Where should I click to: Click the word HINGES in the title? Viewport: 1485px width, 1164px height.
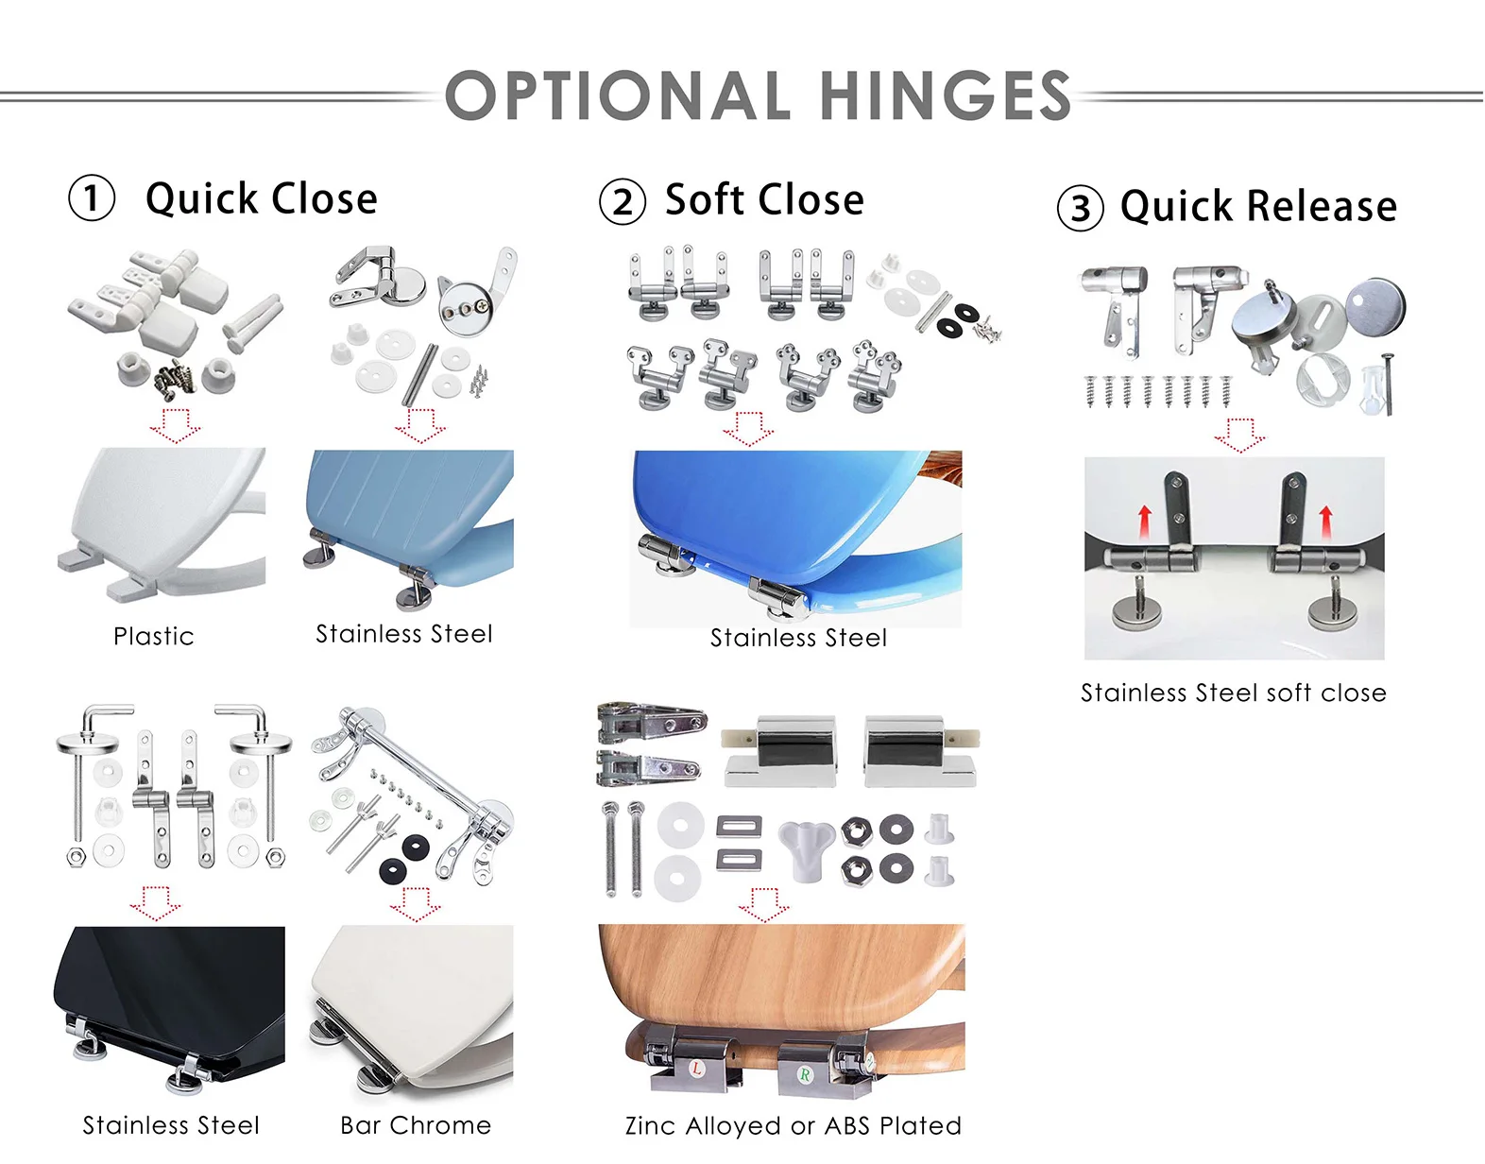[x=945, y=96]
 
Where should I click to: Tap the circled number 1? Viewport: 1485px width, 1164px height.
[x=92, y=199]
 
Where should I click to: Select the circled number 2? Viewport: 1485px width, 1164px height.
[x=623, y=202]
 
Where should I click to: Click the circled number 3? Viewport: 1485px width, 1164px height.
[x=1080, y=209]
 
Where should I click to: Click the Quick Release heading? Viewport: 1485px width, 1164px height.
[x=1258, y=206]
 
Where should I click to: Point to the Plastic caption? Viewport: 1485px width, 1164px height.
[x=153, y=636]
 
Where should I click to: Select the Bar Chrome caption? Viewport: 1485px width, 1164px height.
[x=416, y=1125]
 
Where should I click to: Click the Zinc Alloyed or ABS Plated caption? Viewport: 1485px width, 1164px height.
[x=793, y=1126]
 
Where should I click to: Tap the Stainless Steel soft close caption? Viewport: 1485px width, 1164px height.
[x=1233, y=693]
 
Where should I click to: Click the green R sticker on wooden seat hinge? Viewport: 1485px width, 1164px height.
[x=805, y=1074]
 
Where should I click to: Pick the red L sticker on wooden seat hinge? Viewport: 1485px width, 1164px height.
[x=697, y=1069]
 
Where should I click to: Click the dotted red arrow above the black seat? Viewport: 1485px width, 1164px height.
[x=155, y=901]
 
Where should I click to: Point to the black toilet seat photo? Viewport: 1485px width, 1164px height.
[x=170, y=1006]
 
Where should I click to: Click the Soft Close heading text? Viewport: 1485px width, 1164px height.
[x=764, y=200]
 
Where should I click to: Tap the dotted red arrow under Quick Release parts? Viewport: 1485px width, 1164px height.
[x=1238, y=435]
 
